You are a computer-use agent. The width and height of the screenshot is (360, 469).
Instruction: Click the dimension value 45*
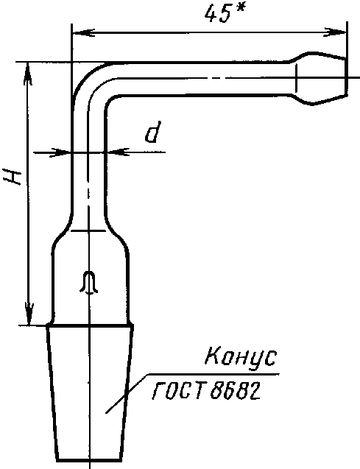(x=225, y=14)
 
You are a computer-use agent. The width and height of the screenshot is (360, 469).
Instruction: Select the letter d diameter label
(x=152, y=132)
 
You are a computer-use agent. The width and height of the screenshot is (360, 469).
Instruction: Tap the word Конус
(x=241, y=357)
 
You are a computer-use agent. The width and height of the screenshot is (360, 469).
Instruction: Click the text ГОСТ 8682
(x=206, y=391)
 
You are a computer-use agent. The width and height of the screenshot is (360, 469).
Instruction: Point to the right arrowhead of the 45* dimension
(x=335, y=32)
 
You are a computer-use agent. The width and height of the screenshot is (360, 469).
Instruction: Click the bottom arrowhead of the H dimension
(x=29, y=314)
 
